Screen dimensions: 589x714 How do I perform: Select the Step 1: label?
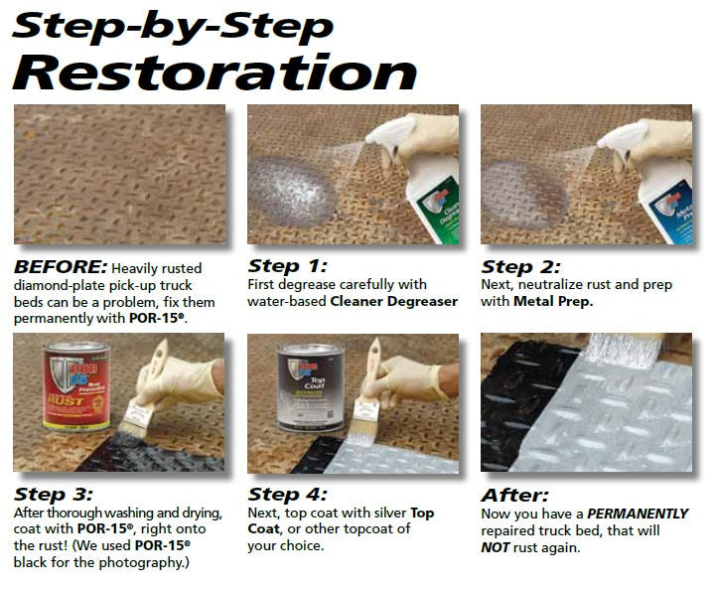pyautogui.click(x=286, y=266)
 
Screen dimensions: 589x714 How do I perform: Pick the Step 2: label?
pyautogui.click(x=520, y=266)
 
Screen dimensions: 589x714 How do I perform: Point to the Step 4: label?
pyautogui.click(x=287, y=494)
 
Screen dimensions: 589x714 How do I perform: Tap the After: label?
pyautogui.click(x=513, y=494)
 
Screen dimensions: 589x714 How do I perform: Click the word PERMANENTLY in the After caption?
pyautogui.click(x=638, y=514)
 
